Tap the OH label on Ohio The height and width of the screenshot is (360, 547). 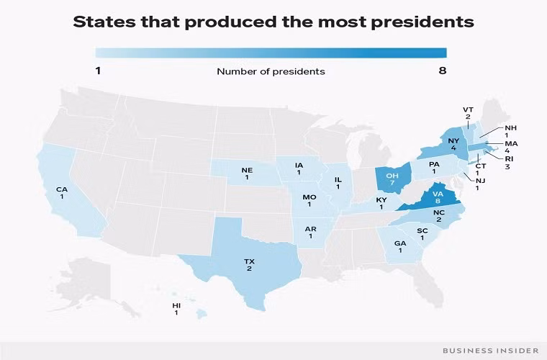point(392,176)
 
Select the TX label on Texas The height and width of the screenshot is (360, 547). point(248,260)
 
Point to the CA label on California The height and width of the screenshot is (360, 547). point(63,189)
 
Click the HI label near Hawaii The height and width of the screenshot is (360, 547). point(176,306)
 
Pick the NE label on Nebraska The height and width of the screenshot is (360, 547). point(247,171)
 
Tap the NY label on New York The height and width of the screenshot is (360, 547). point(453,140)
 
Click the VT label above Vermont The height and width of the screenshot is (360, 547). point(467,109)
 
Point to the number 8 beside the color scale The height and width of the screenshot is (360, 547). point(443,71)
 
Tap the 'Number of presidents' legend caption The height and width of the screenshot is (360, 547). point(271,71)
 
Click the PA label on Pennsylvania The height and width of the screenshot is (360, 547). point(434,164)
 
